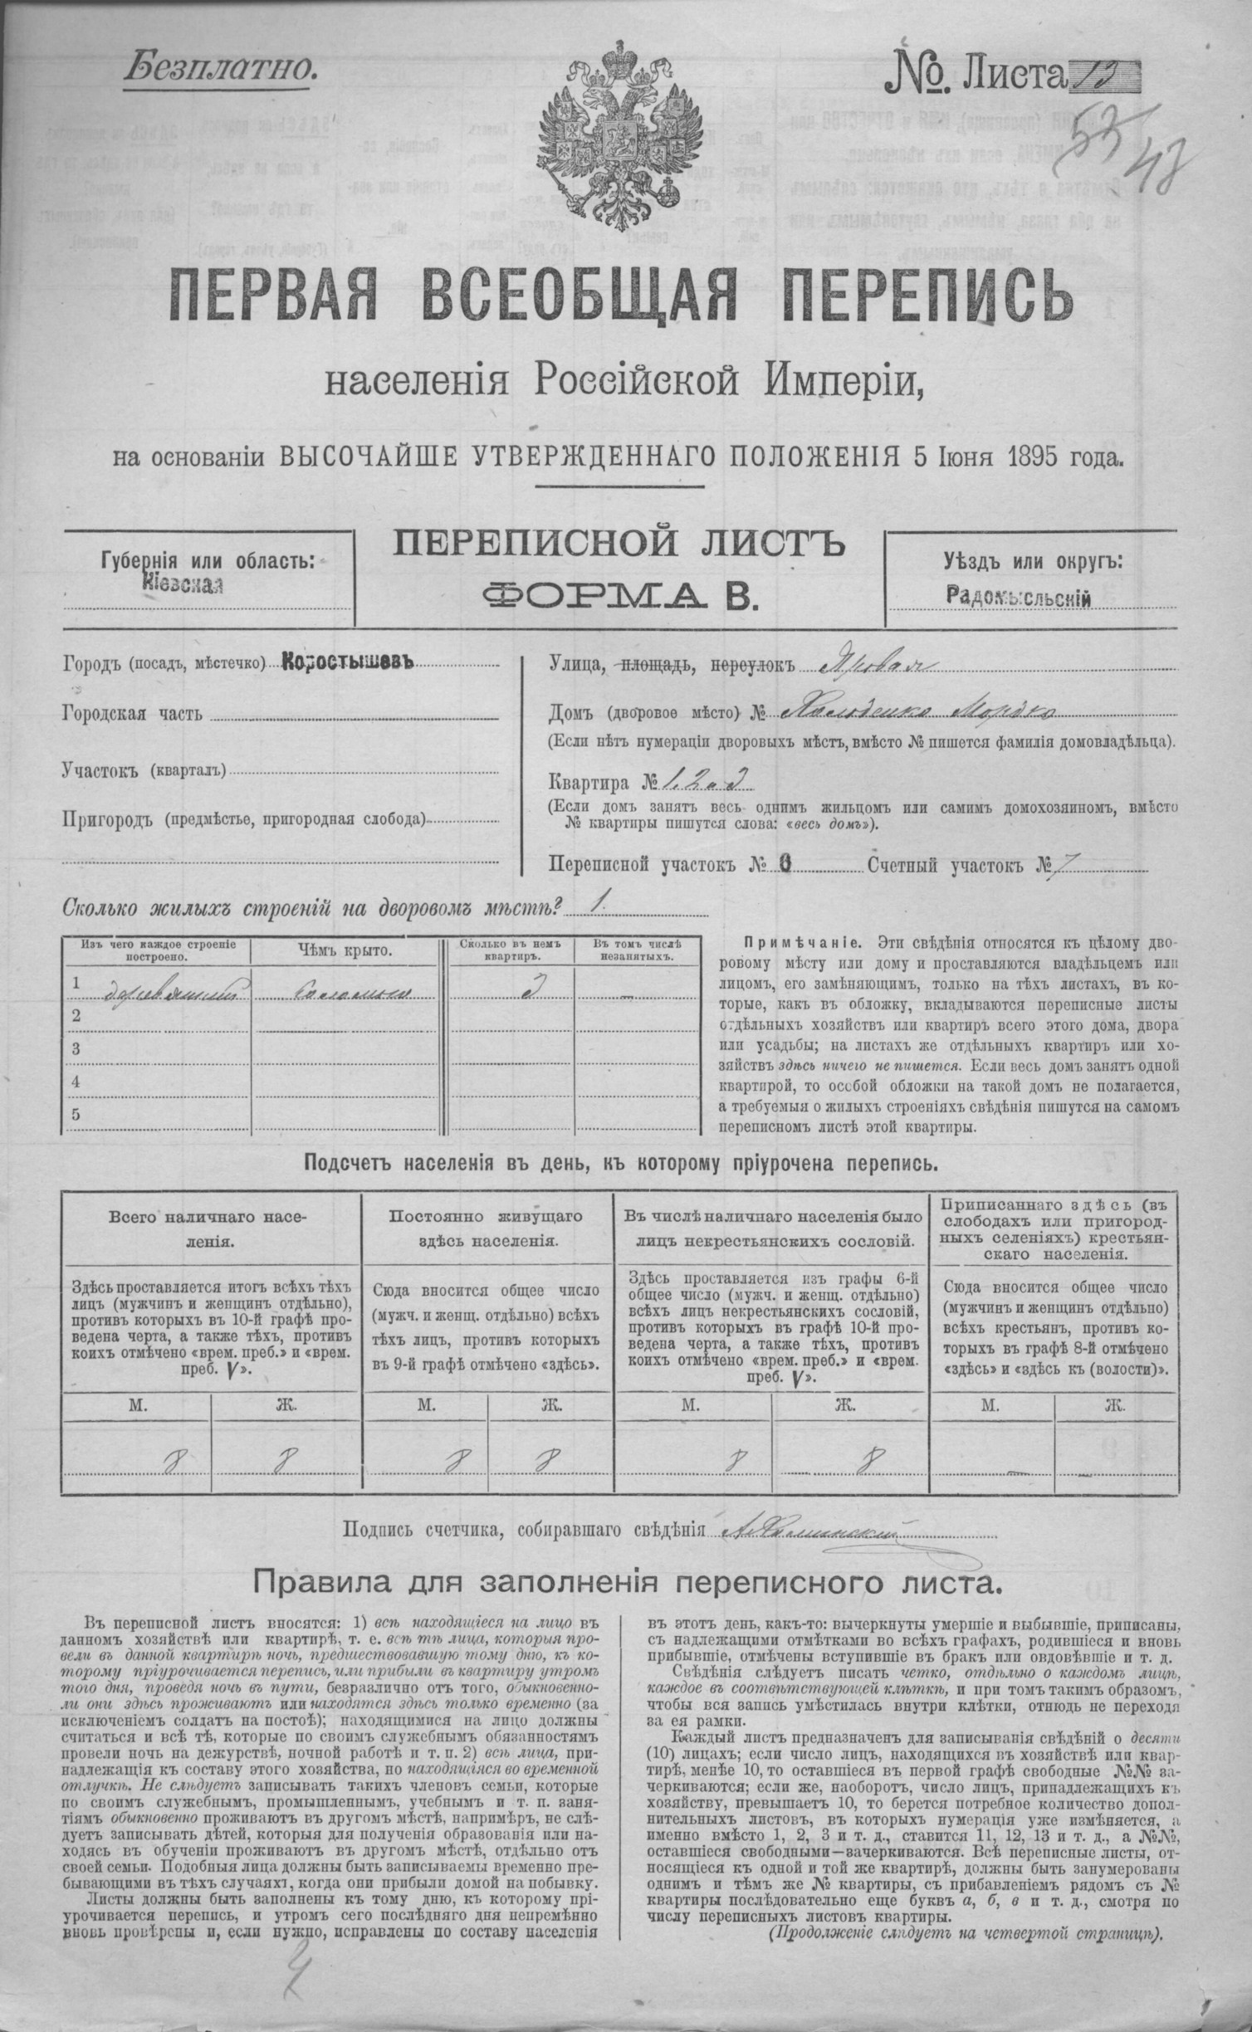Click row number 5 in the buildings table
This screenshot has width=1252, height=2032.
point(76,1114)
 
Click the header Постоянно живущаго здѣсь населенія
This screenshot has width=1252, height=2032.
point(487,1228)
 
